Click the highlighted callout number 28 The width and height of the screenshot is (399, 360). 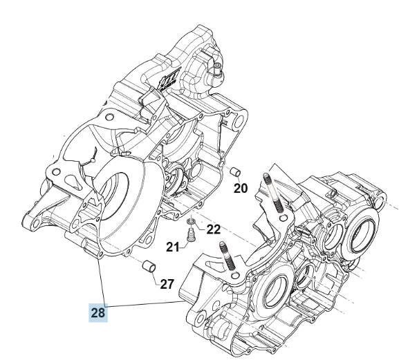(x=98, y=312)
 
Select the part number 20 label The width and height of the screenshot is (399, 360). (x=241, y=189)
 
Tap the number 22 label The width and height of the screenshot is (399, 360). (x=213, y=229)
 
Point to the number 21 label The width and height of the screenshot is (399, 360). (x=172, y=247)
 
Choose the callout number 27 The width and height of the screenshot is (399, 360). (x=167, y=284)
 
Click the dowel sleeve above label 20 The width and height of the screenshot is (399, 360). (x=235, y=171)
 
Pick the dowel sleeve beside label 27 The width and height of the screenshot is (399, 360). (x=149, y=266)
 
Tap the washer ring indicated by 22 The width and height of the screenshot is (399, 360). (x=191, y=221)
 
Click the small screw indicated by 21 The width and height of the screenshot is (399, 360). (x=189, y=235)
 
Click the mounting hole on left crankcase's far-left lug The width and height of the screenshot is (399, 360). (x=37, y=223)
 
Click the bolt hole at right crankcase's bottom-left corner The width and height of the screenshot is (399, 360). (x=201, y=318)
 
